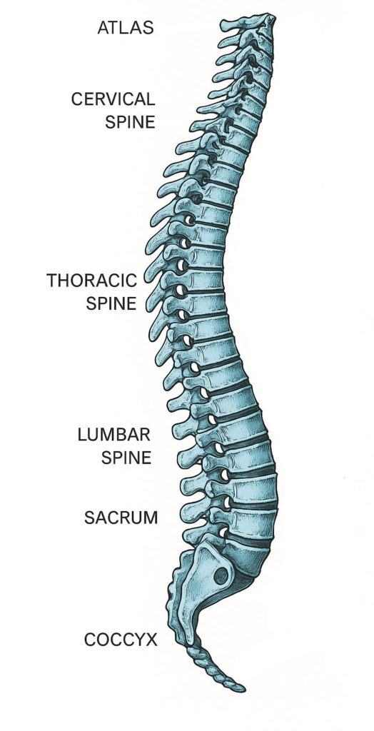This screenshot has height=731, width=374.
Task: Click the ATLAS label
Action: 126,28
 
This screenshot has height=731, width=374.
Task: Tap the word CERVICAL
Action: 113,99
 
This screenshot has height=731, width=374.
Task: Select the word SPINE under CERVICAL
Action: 130,121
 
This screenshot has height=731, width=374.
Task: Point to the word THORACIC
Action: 92,281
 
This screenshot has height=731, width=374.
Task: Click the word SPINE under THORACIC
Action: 111,303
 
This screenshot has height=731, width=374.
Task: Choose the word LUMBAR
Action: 113,435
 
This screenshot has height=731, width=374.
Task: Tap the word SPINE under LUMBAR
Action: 126,457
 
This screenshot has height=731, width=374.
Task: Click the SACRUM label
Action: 121,517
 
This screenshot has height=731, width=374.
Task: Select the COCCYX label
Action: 121,640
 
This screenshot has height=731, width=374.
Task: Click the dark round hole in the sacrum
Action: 221,576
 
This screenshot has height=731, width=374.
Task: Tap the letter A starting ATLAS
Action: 103,28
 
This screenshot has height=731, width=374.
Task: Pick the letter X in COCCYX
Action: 152,640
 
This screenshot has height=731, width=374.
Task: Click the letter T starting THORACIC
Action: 52,281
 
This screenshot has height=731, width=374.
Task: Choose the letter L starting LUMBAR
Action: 81,435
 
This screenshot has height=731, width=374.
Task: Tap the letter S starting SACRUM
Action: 89,517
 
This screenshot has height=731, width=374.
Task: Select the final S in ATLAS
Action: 148,28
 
